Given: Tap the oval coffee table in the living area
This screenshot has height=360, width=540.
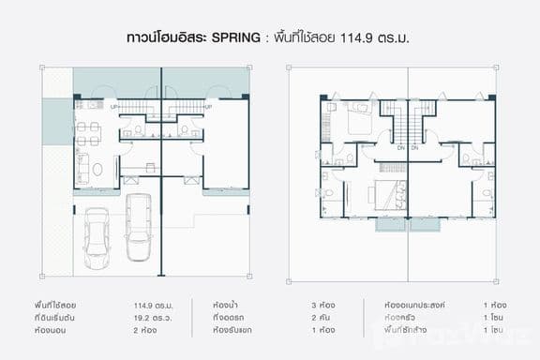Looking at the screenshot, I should pyautogui.click(x=97, y=170).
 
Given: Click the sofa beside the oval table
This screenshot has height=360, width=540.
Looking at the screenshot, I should pyautogui.click(x=82, y=170).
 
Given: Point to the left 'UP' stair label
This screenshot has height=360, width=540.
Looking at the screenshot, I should pyautogui.click(x=114, y=106).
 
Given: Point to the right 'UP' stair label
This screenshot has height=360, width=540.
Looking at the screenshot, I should pyautogui.click(x=207, y=106).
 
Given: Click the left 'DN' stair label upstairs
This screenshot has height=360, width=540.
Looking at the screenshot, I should pyautogui.click(x=400, y=148).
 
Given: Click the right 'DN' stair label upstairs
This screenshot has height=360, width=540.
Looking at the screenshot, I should pyautogui.click(x=414, y=148).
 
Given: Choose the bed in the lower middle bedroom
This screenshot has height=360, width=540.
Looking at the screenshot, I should pyautogui.click(x=380, y=196).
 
